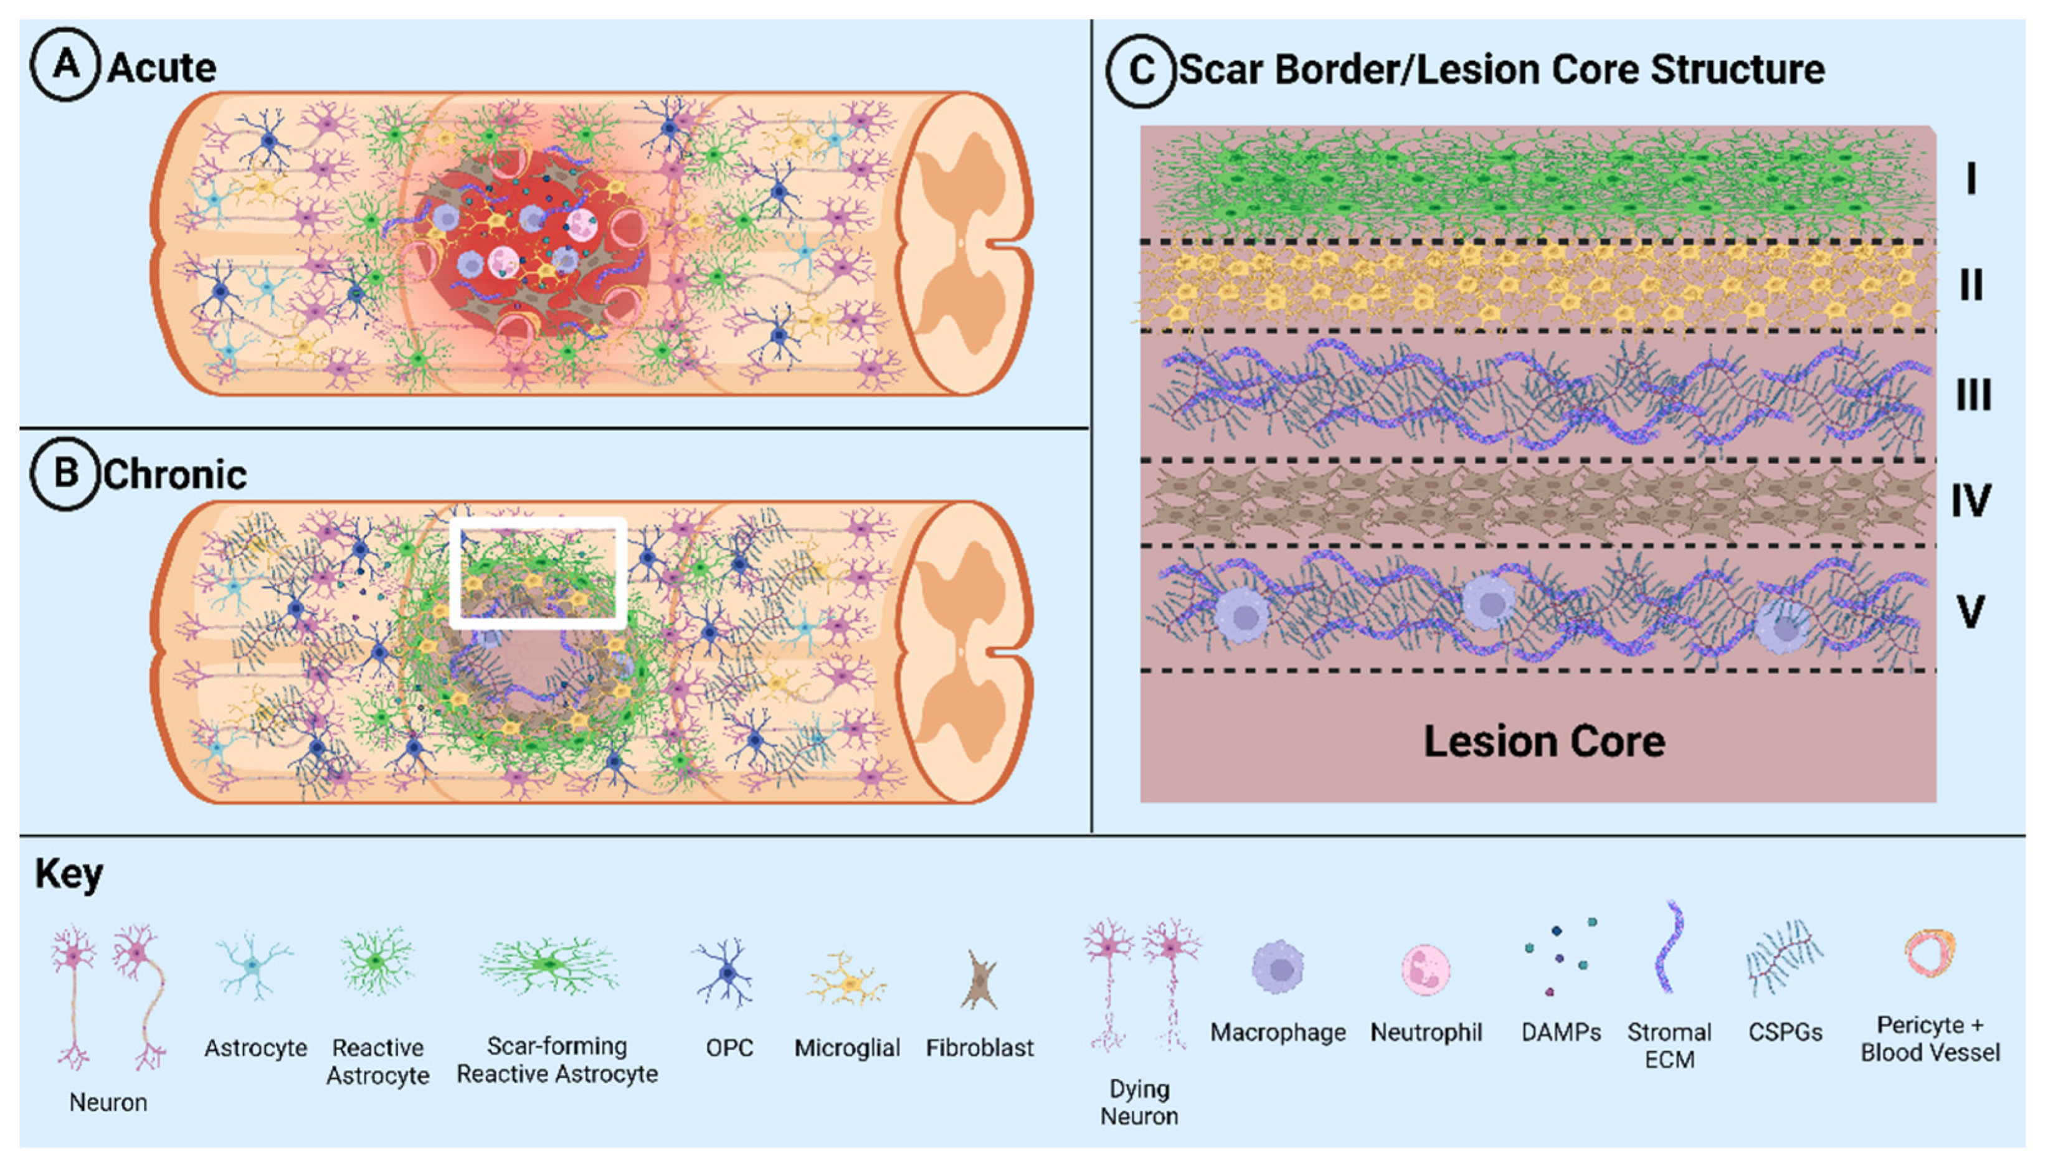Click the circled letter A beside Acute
[x=65, y=64]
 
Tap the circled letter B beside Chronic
[x=65, y=473]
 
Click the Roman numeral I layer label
[x=1971, y=179]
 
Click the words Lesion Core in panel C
[x=1543, y=741]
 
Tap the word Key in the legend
[x=69, y=873]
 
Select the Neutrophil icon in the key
[x=1426, y=970]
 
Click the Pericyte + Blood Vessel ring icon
[x=1930, y=953]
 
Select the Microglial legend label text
[x=847, y=1048]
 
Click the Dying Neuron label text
[x=1139, y=1102]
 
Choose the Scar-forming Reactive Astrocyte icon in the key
[x=550, y=965]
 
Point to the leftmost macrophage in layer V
[x=1241, y=615]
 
